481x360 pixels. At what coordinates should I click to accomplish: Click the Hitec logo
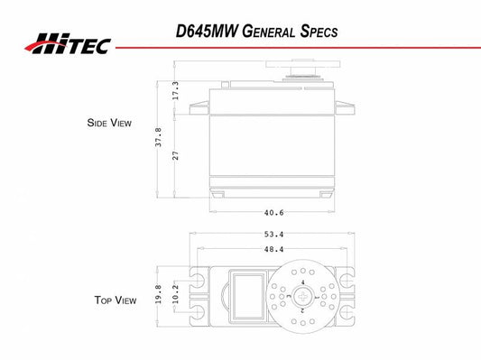tap(68, 44)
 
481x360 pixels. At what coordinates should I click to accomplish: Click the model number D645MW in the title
tap(207, 32)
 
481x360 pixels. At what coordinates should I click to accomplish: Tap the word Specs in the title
tap(319, 32)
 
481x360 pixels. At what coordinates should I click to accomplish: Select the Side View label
tap(109, 123)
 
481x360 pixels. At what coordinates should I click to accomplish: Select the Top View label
tap(116, 300)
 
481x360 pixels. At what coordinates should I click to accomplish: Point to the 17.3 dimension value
tap(175, 90)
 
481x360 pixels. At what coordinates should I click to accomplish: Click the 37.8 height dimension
tap(158, 137)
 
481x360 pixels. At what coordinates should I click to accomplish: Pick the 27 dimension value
tap(175, 155)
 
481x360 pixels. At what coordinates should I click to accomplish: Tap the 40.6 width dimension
tap(274, 213)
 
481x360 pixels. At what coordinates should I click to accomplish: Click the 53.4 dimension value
tap(274, 235)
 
